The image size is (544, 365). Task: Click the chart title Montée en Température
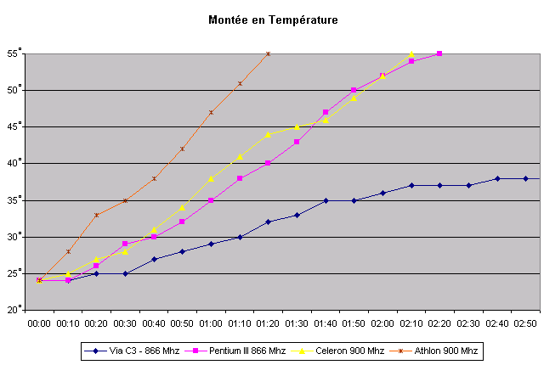coord(271,18)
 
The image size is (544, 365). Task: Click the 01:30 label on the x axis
coord(297,323)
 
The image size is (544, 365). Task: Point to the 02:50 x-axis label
coord(526,323)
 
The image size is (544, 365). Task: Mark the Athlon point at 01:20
coord(269,53)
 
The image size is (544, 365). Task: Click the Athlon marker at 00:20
coord(96,215)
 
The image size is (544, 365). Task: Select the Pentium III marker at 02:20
coord(439,53)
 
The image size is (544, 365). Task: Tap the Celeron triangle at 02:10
coord(411,53)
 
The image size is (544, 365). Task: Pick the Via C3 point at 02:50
coord(526,178)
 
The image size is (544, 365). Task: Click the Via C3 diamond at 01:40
coord(326,200)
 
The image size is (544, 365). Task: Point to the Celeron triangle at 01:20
coord(269,134)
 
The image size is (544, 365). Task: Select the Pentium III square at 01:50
coord(354,90)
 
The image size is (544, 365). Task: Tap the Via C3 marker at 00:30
coord(125,273)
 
